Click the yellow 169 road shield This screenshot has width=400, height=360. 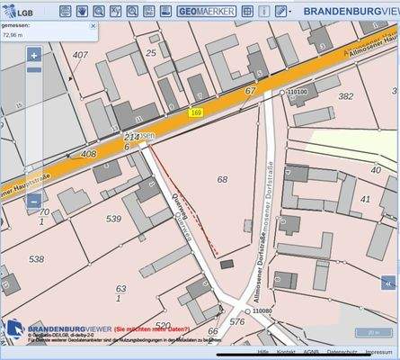pos(195,112)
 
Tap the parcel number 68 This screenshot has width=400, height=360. pos(222,180)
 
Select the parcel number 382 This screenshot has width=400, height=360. pos(345,95)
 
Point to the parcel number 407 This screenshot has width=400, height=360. pos(81,55)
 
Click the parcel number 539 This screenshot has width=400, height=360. pos(113,219)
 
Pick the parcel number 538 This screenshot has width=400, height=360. pos(36,259)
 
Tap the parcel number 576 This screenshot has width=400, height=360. pos(237,321)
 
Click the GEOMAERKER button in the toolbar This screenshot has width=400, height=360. pos(206,12)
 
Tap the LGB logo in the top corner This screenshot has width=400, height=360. pos(20,12)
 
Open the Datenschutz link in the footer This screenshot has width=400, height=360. pos(342,353)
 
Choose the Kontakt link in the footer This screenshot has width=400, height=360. pos(286,353)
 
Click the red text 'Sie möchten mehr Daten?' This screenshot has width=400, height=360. pos(152,330)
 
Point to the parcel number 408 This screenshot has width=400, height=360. pos(88,154)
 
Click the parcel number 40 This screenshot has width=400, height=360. pos(364,197)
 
